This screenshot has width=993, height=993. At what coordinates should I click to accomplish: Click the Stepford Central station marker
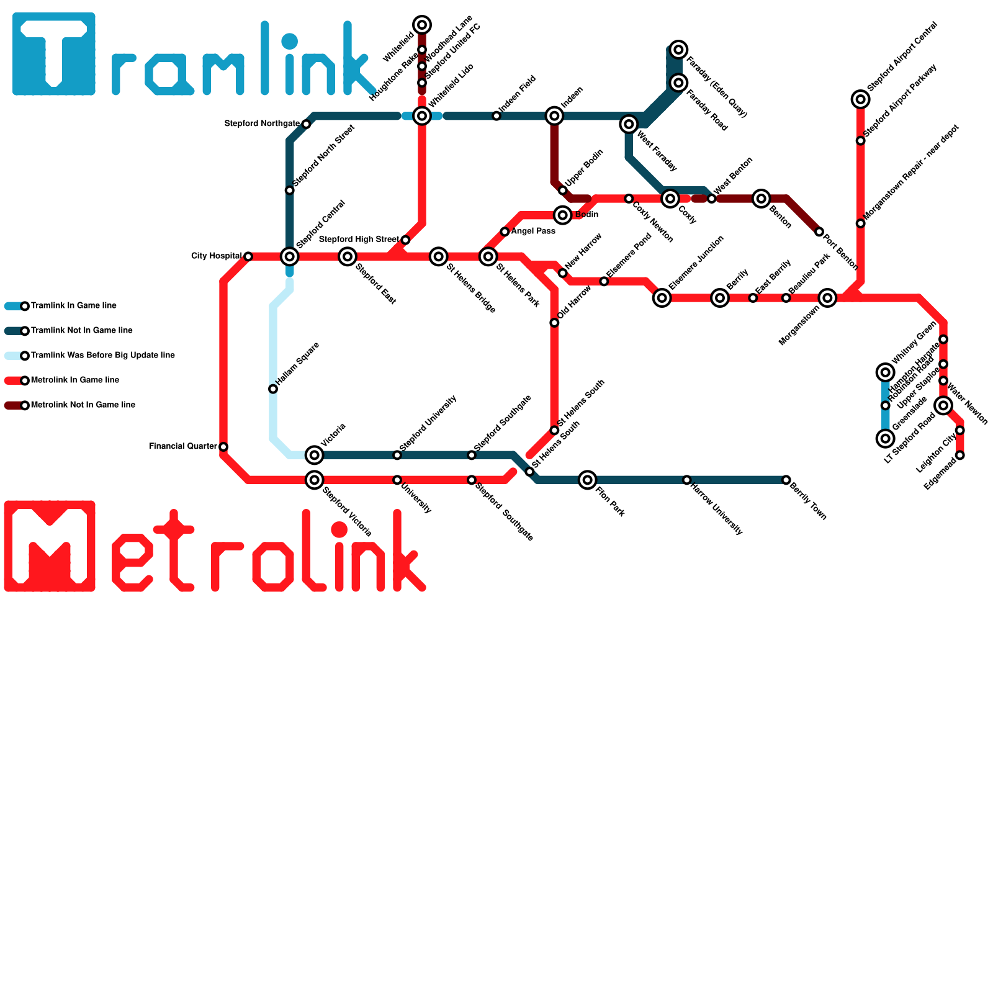[290, 256]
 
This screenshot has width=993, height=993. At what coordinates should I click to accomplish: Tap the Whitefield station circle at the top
[422, 25]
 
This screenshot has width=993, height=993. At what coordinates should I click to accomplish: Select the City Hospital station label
[216, 256]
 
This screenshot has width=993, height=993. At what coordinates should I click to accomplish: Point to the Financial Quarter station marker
[223, 447]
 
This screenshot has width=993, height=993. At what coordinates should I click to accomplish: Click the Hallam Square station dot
[273, 389]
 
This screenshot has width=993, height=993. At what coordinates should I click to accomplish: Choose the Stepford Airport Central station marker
[861, 99]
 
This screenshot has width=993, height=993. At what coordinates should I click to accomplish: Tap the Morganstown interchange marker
[827, 298]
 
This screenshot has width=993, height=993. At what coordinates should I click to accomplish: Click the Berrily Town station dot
[786, 480]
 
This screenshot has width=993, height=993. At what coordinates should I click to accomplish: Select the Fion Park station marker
[588, 480]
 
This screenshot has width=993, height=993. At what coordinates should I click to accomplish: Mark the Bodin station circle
[563, 215]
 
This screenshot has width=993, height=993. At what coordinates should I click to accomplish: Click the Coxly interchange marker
[670, 199]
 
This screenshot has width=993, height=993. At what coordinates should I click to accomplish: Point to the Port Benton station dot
[819, 232]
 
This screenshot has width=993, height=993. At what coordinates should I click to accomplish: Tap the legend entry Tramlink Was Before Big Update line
[102, 356]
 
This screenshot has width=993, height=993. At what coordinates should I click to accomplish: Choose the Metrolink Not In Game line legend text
[83, 405]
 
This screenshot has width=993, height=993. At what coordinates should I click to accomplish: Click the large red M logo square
[50, 546]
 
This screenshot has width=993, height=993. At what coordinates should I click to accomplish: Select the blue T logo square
[54, 54]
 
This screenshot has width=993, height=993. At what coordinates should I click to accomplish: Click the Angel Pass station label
[533, 231]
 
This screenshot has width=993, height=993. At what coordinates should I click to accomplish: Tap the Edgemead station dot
[960, 456]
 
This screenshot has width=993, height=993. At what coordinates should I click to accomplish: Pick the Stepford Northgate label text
[262, 124]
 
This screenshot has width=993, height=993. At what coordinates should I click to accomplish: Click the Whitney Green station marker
[943, 339]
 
